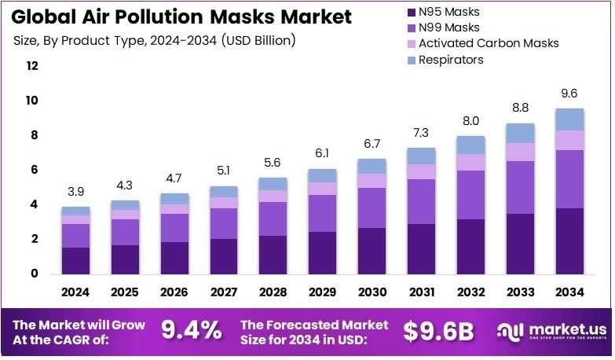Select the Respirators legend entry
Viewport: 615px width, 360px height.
click(x=451, y=60)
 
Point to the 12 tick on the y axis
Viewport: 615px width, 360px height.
click(x=32, y=66)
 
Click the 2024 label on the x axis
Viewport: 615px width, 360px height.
click(x=76, y=292)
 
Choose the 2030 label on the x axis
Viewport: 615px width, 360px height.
click(x=372, y=292)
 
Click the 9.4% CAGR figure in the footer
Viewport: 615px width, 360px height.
click(x=191, y=332)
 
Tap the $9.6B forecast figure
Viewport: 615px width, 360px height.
click(x=438, y=332)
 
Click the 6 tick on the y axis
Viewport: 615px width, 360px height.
click(x=32, y=170)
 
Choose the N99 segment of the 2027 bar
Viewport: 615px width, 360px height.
click(x=224, y=223)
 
